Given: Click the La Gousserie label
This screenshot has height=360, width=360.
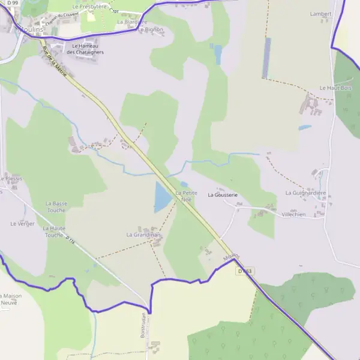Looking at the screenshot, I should point(223,195).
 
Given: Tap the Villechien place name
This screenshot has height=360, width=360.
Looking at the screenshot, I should point(293,214).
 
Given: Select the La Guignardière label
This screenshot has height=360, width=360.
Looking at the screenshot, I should point(305,193).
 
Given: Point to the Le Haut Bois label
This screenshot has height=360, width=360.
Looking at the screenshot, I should point(335,88).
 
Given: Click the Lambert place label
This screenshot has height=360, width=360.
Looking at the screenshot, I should point(321,13).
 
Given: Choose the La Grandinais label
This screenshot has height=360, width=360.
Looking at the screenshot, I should point(144,235).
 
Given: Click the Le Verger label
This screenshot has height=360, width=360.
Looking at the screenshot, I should point(22,223).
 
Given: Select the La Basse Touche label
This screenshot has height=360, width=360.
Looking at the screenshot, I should point(56,207).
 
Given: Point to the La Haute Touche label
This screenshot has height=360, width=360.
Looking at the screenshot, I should point(54,232).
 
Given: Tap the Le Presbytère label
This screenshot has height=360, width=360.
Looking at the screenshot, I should point(89,6).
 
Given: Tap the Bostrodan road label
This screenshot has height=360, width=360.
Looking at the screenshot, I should point(144,325).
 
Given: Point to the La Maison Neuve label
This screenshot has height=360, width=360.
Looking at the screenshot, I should point(10,299).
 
